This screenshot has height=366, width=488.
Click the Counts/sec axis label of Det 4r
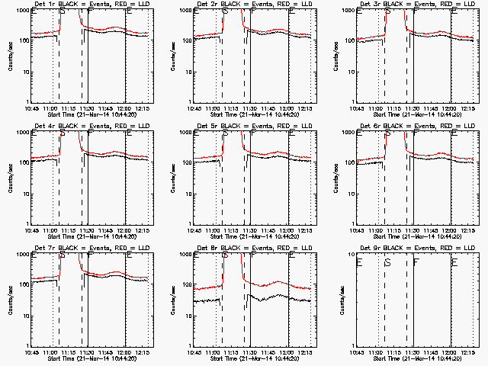[11, 178]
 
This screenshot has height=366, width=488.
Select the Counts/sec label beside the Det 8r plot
[173, 300]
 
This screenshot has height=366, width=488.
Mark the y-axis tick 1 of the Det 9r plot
[352, 345]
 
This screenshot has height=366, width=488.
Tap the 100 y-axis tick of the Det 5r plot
[186, 162]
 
